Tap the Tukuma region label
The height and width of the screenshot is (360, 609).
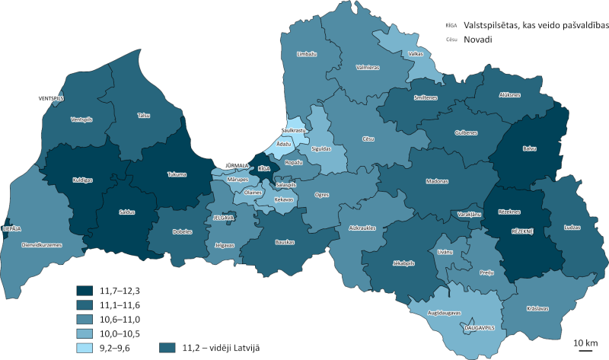coord(177,174)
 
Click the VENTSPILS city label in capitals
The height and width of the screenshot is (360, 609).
coord(53,99)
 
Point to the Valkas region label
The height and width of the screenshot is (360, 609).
coord(416,54)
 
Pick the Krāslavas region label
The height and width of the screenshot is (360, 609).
coord(537,308)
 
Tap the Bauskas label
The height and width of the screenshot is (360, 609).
coord(285,242)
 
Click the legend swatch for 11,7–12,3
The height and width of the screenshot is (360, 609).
coord(84,290)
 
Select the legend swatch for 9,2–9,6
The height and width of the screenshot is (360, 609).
coord(84,348)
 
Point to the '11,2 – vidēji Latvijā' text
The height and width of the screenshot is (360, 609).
coord(221,348)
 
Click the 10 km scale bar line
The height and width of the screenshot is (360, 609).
coord(585,351)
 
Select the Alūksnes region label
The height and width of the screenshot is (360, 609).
coord(509,95)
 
